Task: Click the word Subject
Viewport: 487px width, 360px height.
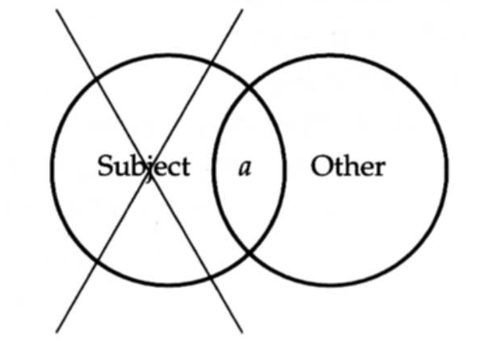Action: pos(144,167)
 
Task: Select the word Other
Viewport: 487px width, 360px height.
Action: pos(348,166)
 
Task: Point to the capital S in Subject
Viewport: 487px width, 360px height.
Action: pos(105,166)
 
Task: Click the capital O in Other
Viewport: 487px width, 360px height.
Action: pos(321,166)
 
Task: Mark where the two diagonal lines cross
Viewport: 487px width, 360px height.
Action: pos(149,171)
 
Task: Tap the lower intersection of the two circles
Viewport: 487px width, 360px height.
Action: pos(249,252)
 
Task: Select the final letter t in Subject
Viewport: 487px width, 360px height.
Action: pos(186,167)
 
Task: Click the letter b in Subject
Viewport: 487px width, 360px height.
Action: pos(135,166)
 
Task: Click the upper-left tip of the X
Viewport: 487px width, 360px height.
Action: pos(57,10)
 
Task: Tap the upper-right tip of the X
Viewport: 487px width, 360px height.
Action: pos(242,10)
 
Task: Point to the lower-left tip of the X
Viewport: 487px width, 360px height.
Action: pos(57,333)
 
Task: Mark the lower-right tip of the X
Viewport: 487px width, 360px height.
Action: pos(242,333)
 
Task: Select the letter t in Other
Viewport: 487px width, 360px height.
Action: pos(337,167)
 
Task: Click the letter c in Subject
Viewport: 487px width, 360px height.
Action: pos(174,170)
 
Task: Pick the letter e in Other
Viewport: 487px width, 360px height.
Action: pos(366,170)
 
